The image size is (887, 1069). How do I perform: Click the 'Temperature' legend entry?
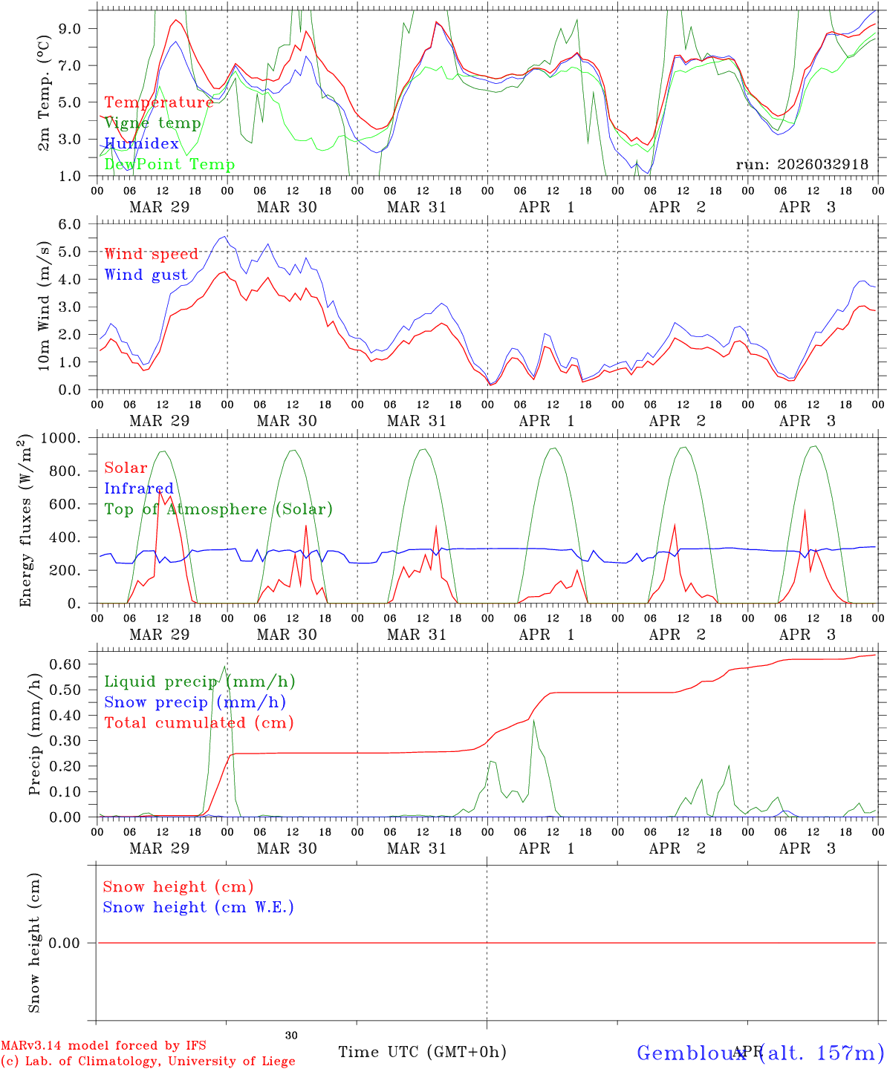coord(159,102)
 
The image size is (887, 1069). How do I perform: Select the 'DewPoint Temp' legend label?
coord(169,165)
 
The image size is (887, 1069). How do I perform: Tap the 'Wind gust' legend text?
coord(146,275)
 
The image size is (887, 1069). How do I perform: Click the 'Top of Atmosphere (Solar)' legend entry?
coord(218,509)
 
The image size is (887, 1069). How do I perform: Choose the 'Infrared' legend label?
coord(139,488)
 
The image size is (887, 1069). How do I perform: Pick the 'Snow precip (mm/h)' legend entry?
coord(195,702)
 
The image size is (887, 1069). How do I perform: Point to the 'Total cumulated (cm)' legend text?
coord(199,723)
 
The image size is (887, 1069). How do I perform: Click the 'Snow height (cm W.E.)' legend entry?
coord(198,907)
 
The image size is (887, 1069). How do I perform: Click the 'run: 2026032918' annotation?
coord(802,165)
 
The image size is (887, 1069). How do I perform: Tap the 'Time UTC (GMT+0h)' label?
coord(423,1052)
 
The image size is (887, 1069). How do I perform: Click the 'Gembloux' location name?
coord(691,1053)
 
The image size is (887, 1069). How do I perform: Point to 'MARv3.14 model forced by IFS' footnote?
coord(103,1046)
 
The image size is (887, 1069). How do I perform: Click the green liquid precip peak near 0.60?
coord(224,666)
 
